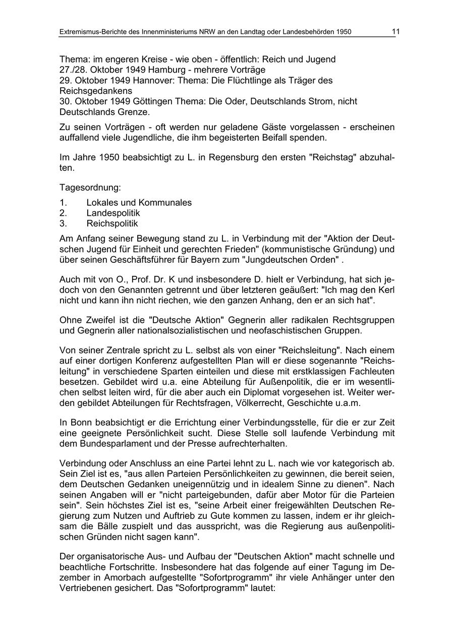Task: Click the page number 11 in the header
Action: [395, 31]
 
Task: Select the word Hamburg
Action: [155, 70]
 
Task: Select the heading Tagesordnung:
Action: [90, 188]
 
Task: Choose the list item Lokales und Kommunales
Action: [139, 203]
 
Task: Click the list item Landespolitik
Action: [113, 213]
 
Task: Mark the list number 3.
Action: [63, 223]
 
